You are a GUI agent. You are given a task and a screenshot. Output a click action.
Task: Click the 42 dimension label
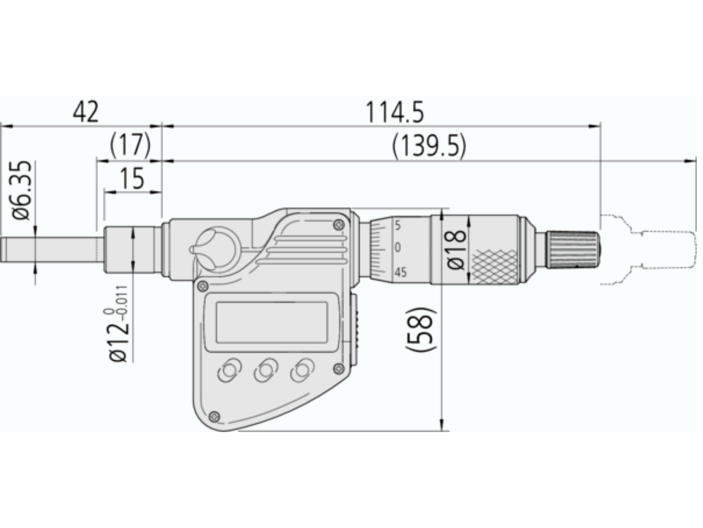(86, 112)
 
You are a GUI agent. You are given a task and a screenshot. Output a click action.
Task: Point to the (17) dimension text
(130, 145)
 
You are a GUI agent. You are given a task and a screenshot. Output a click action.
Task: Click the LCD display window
(272, 322)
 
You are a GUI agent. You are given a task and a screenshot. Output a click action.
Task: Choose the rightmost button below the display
(302, 370)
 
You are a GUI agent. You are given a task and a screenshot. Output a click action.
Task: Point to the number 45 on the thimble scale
(400, 272)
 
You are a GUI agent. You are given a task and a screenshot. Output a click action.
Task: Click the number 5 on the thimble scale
(398, 226)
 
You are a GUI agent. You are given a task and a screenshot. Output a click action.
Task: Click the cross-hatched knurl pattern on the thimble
(495, 267)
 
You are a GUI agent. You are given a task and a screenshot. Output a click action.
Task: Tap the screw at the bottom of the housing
(215, 416)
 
